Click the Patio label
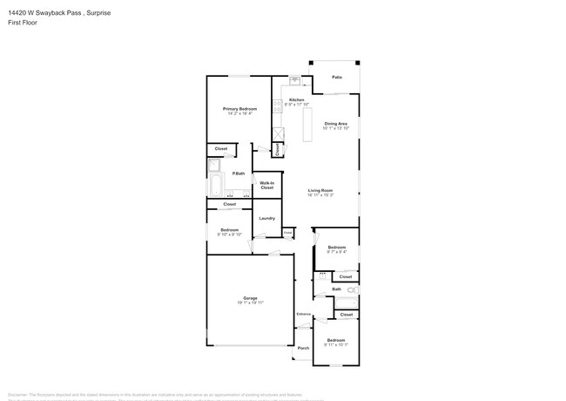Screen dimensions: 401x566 click(336, 78)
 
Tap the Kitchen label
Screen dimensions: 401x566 click(297, 100)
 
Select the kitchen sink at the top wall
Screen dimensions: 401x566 click(295, 82)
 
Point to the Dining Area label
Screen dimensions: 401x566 click(336, 124)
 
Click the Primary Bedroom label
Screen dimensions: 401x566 click(239, 109)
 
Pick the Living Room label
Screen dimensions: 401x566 click(320, 190)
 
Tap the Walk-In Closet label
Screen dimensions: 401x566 click(267, 185)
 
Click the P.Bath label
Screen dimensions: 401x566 click(238, 173)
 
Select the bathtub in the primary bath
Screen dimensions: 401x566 click(215, 186)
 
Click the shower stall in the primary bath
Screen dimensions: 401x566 click(215, 166)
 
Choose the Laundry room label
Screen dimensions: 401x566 click(267, 218)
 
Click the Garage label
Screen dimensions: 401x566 click(250, 298)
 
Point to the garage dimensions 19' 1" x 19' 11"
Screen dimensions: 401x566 click(250, 303)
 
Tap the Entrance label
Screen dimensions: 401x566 click(303, 314)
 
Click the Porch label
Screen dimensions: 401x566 click(303, 348)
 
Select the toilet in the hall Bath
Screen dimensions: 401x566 click(352, 289)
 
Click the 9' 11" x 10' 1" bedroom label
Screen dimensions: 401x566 click(336, 342)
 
